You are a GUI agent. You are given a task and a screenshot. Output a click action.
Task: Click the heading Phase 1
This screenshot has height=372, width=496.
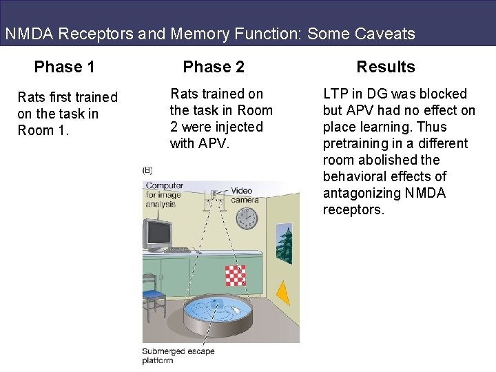coord(64,67)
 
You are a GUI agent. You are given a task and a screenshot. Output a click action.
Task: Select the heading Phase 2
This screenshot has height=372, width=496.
coord(213,67)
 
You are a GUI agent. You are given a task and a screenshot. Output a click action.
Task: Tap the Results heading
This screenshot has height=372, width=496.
coord(385,67)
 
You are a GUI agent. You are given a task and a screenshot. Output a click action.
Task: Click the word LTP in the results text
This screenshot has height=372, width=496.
coord(335,94)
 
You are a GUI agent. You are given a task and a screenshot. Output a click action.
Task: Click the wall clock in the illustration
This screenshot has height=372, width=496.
coord(246,218)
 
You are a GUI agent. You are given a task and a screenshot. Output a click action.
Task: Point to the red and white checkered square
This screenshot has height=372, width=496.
coord(236,275)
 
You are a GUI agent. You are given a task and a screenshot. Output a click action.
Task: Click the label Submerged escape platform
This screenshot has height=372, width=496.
coord(178,355)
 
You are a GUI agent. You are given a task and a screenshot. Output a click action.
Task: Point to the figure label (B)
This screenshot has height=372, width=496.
coord(147,170)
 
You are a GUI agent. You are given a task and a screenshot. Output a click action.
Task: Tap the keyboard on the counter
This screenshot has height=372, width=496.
coord(177,249)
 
